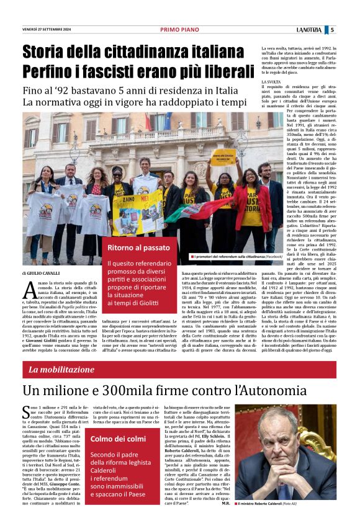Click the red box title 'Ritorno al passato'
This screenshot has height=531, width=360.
[136, 248]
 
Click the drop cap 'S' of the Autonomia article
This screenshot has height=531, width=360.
[26, 411]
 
